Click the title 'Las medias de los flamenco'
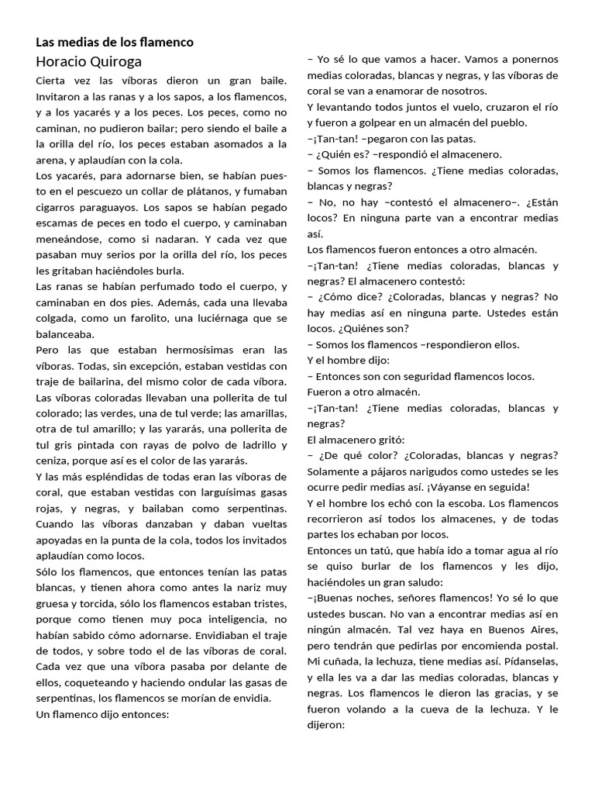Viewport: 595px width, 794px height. [115, 42]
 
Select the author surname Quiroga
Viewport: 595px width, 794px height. [113, 61]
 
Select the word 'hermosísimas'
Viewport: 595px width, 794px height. [183, 350]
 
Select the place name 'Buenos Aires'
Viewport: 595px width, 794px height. [525, 630]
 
